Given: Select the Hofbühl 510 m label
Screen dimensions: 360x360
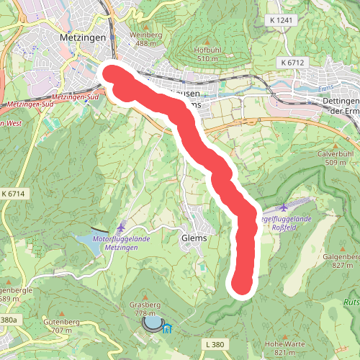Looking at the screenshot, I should [206, 53].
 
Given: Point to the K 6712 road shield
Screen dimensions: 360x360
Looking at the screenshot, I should [291, 63].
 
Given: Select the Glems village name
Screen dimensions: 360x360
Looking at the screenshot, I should [194, 238].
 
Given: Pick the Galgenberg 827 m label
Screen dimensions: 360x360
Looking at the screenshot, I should [342, 260].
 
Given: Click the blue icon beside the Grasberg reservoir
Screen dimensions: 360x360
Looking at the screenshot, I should [168, 329].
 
